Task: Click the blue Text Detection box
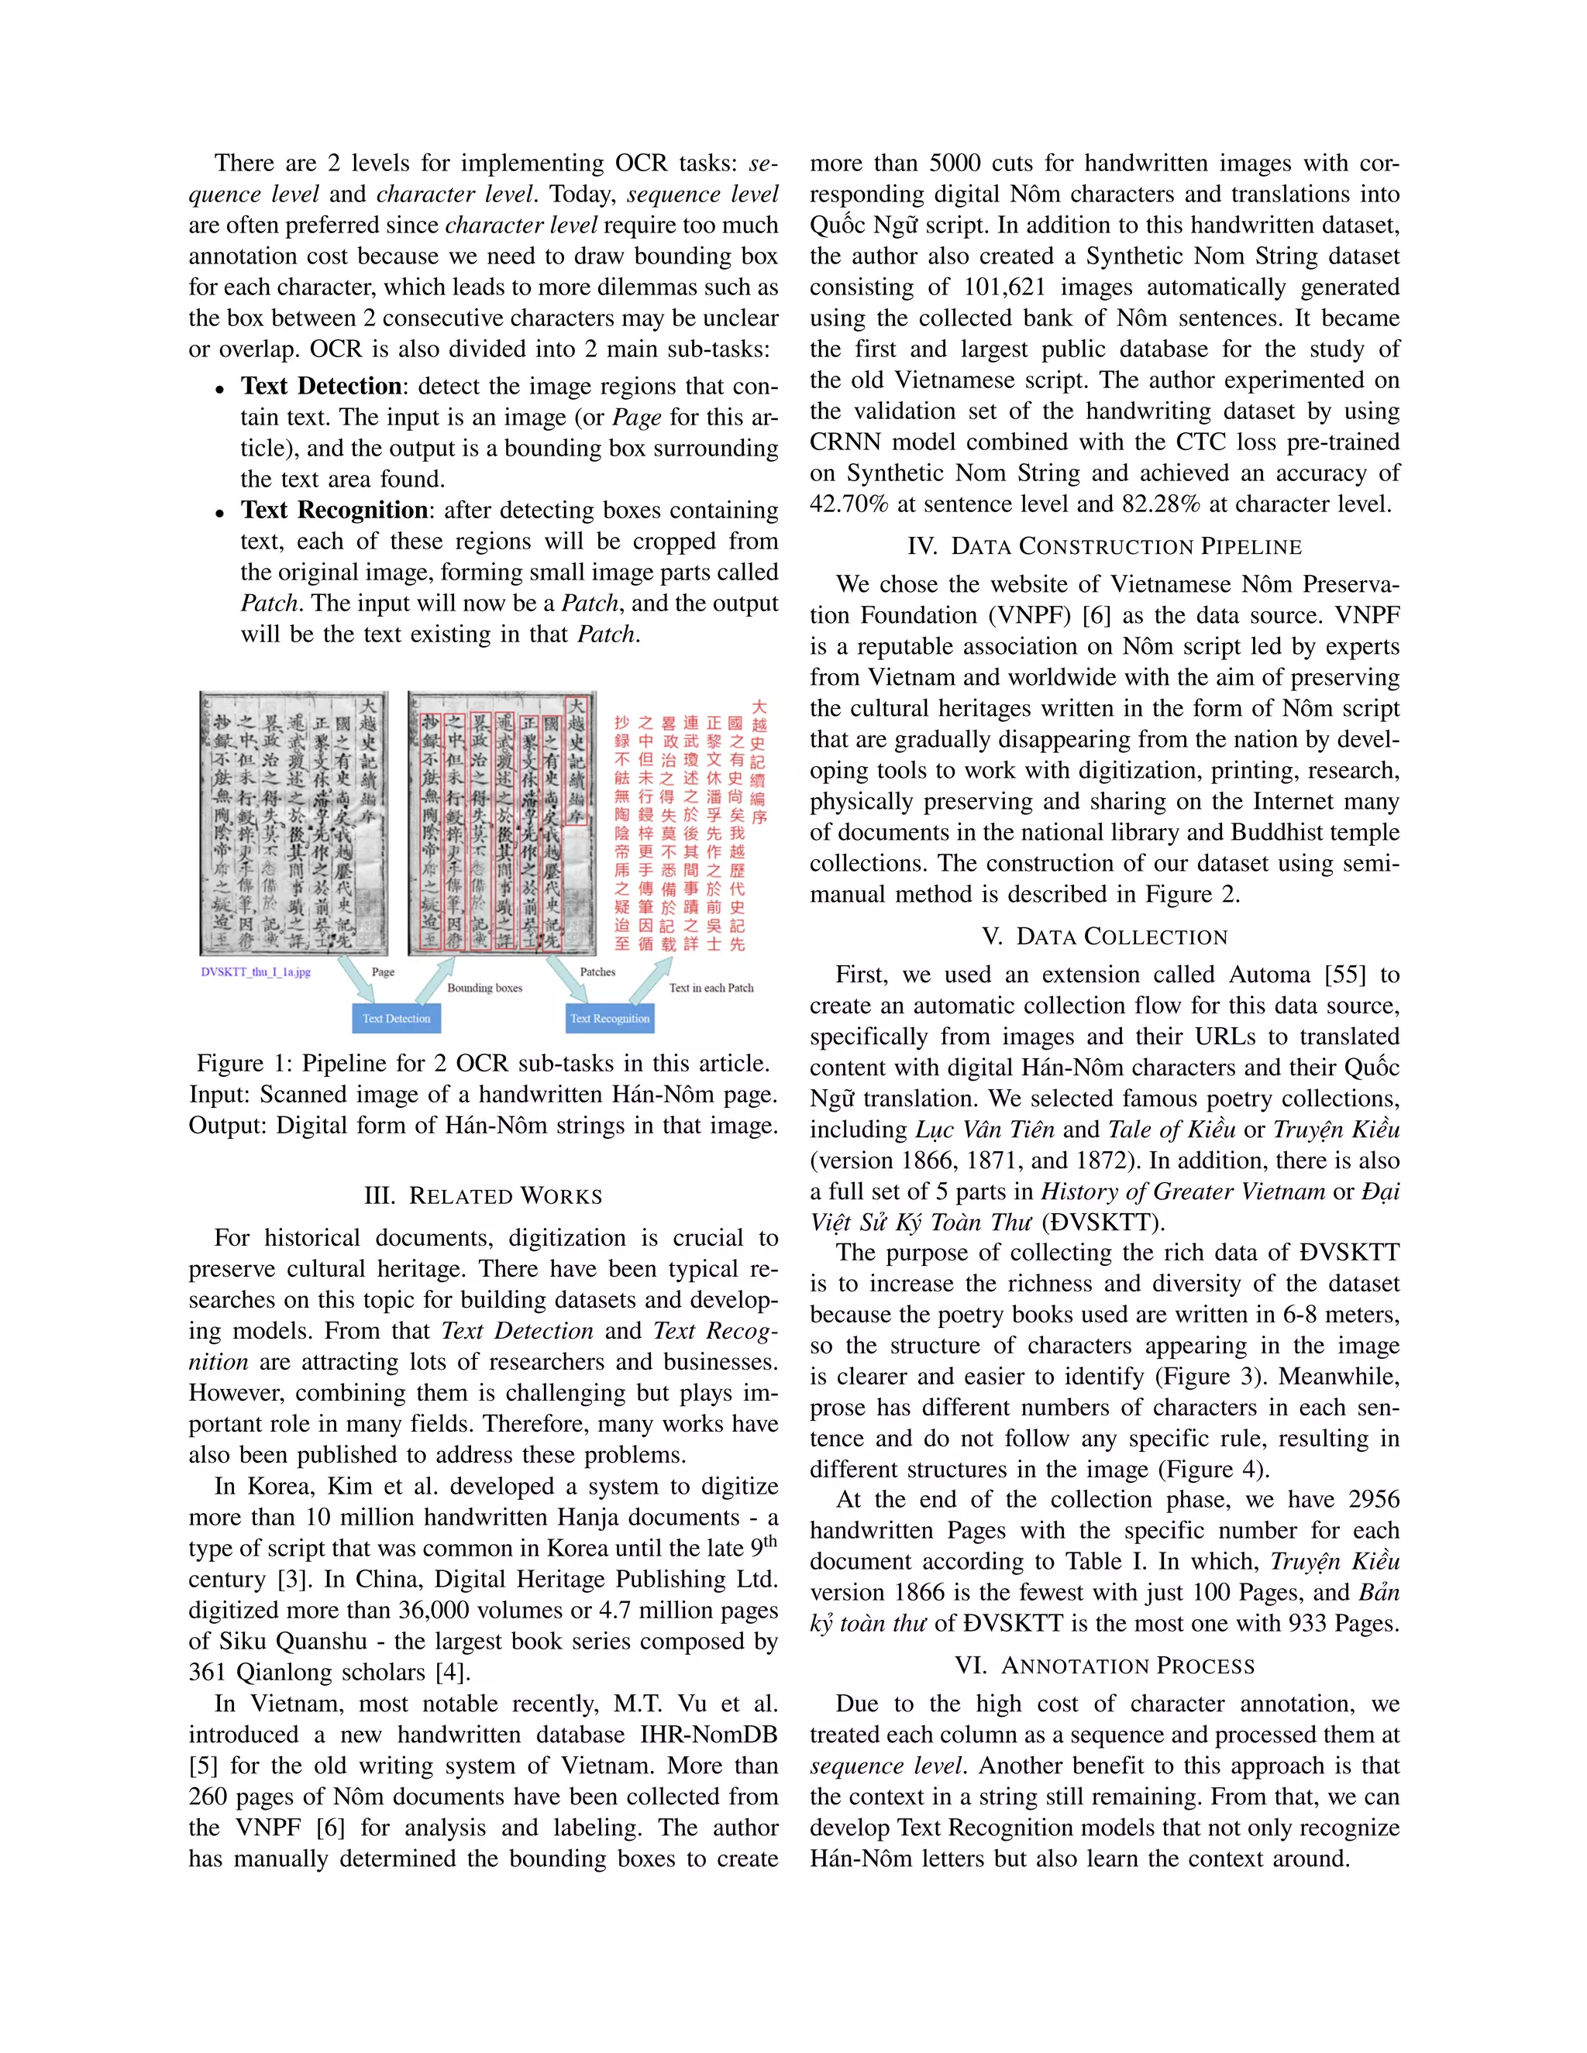(396, 1018)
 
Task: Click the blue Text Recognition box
(609, 1018)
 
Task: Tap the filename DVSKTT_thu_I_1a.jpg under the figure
(255, 972)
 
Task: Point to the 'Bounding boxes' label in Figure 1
(484, 988)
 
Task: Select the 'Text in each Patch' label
(711, 988)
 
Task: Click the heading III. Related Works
(484, 1197)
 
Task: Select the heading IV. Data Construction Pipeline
(1105, 547)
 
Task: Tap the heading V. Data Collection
(1105, 937)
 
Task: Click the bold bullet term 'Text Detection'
(321, 387)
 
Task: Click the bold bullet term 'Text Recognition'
(334, 511)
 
